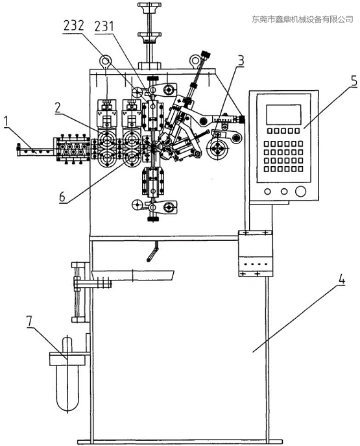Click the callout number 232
pyautogui.click(x=74, y=25)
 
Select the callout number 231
pyautogui.click(x=104, y=27)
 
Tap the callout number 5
pyautogui.click(x=354, y=81)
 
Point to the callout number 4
pyautogui.click(x=341, y=280)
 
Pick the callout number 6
pyautogui.click(x=62, y=197)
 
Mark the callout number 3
pyautogui.click(x=241, y=60)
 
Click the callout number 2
pyautogui.click(x=58, y=107)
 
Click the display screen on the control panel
pyautogui.click(x=283, y=114)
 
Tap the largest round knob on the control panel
pyautogui.click(x=300, y=191)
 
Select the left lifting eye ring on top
pyautogui.click(x=105, y=61)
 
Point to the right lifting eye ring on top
pyautogui.click(x=195, y=60)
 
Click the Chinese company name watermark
pyautogui.click(x=302, y=19)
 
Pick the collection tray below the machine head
pyautogui.click(x=133, y=275)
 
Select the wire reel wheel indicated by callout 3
pyautogui.click(x=218, y=149)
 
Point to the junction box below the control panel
pyautogui.click(x=255, y=253)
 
